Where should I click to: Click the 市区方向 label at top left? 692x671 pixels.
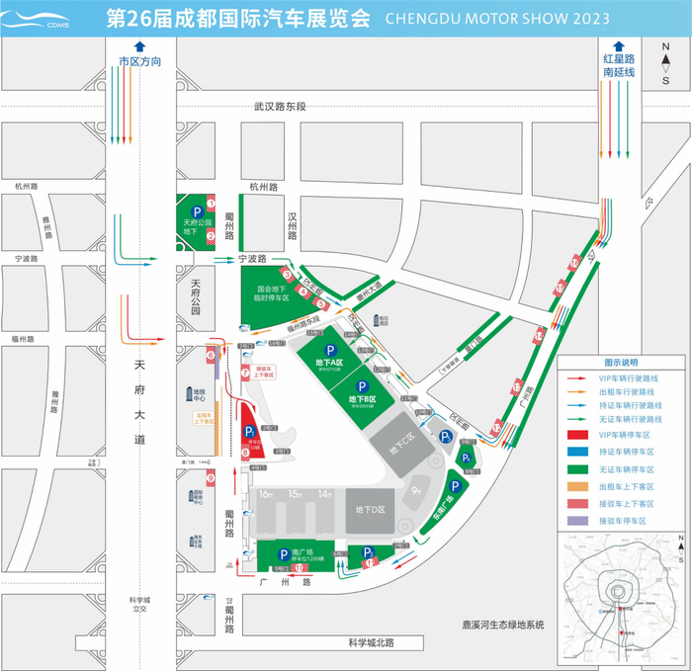point(139,61)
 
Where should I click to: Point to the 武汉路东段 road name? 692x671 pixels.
point(280,107)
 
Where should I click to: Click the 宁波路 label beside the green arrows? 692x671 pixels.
point(254,259)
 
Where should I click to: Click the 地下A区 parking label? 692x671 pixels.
point(329,363)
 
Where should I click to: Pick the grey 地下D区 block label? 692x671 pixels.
point(365,509)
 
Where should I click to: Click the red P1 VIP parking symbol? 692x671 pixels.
point(249,432)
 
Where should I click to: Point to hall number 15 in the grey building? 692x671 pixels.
point(293,493)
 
